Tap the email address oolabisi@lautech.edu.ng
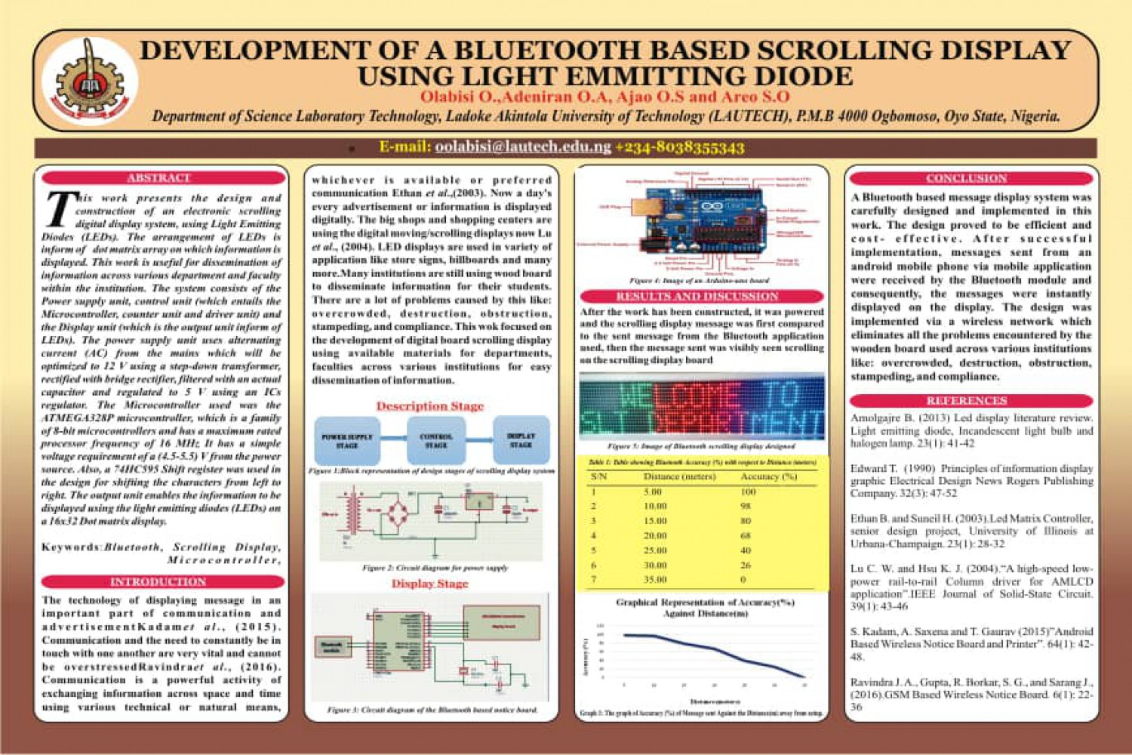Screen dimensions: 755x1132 click(x=523, y=146)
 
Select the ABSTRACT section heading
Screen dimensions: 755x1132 click(x=158, y=178)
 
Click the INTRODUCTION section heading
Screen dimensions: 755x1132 click(x=158, y=582)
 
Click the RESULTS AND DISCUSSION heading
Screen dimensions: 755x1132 click(x=697, y=297)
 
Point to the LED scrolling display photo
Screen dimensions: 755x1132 click(x=702, y=408)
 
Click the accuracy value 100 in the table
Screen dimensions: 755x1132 click(x=748, y=492)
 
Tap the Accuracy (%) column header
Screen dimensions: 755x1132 click(x=768, y=476)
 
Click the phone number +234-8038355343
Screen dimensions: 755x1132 click(x=679, y=147)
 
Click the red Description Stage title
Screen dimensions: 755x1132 click(x=429, y=406)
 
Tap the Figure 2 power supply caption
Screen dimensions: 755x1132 click(x=435, y=567)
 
